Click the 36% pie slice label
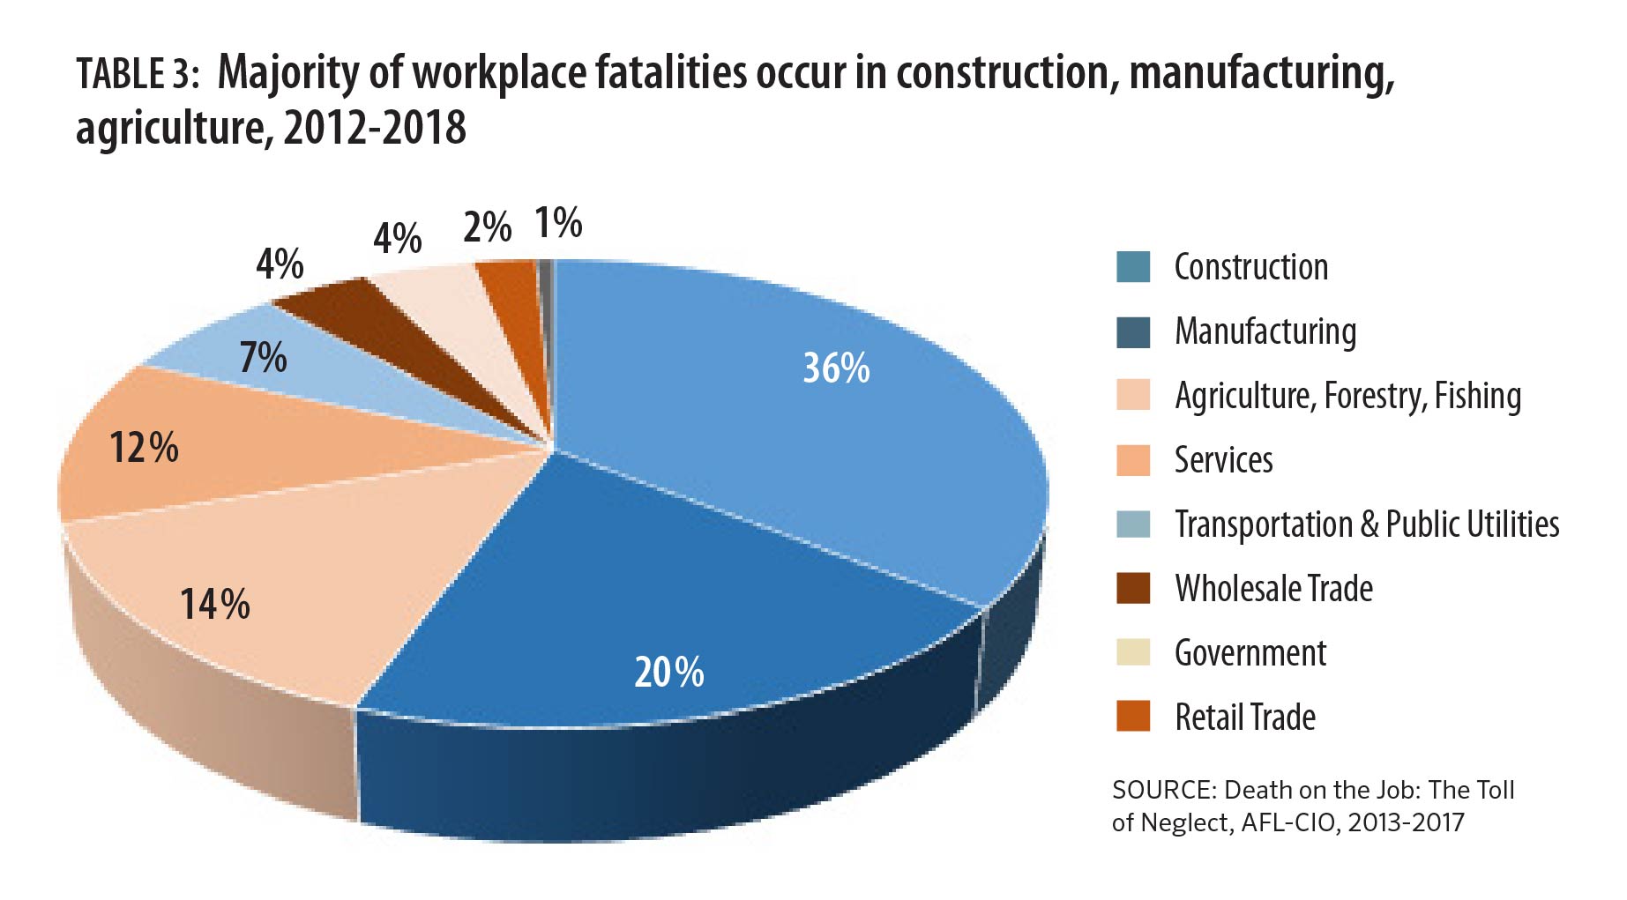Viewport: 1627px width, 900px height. (835, 368)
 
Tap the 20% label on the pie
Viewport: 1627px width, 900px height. (668, 673)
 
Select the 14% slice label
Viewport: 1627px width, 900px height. (214, 605)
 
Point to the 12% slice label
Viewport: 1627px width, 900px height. (144, 448)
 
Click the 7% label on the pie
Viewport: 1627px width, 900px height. (263, 358)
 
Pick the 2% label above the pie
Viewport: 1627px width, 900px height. (487, 228)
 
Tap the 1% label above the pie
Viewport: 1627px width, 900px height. (558, 223)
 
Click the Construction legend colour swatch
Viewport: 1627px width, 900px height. (1132, 267)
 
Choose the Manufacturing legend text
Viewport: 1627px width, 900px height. (1265, 331)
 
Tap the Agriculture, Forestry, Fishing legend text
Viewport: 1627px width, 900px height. (1347, 396)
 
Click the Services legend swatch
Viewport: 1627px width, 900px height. (1132, 460)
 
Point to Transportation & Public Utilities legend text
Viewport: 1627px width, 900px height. (1366, 524)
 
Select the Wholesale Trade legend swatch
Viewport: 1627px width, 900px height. (1132, 589)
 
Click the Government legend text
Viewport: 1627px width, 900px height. (1250, 653)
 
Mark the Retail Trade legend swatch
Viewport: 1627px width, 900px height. (1132, 717)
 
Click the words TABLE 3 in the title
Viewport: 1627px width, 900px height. (132, 74)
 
